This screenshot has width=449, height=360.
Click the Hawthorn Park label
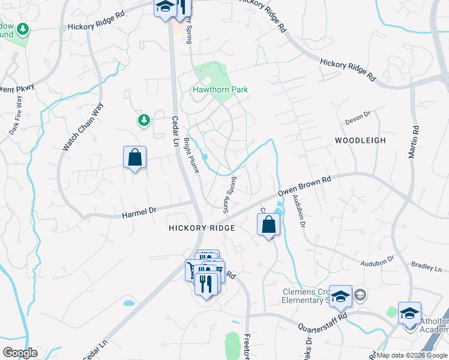click(x=220, y=89)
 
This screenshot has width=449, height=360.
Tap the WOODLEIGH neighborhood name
click(x=360, y=140)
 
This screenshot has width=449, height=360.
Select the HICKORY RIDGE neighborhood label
click(x=202, y=228)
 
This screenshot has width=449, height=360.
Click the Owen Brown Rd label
click(x=304, y=186)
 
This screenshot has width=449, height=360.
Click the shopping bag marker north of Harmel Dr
click(x=134, y=158)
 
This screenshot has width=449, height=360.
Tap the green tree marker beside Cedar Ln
click(x=143, y=121)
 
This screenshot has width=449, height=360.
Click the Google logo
click(x=20, y=353)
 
